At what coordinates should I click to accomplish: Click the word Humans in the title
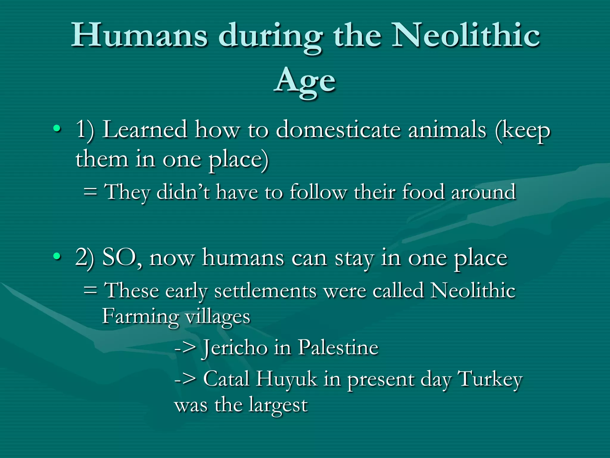pos(139,36)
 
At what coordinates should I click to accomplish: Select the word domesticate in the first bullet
pos(338,130)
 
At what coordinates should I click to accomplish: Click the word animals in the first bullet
pos(447,130)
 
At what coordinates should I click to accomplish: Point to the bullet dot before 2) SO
pos(57,256)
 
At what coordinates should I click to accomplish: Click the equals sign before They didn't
pos(90,192)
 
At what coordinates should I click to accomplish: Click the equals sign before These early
pos(90,290)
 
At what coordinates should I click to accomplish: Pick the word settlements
pos(265,291)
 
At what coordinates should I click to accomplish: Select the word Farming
pos(140,317)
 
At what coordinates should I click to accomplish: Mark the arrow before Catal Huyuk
pos(185,380)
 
